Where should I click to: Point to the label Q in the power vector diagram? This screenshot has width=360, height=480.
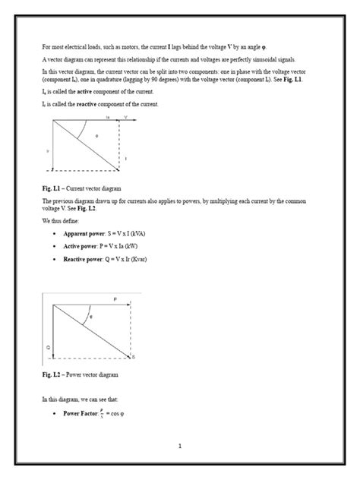coord(48,349)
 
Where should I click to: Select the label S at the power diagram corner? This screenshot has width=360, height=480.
coord(134,357)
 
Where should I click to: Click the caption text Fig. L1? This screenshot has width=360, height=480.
coord(52,187)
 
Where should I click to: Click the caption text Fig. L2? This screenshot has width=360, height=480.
coord(52,375)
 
